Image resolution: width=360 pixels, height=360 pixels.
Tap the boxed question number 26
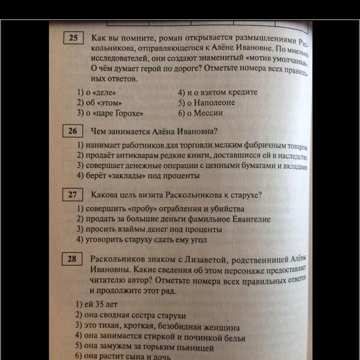click(73, 131)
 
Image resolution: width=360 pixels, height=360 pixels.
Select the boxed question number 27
click(73, 195)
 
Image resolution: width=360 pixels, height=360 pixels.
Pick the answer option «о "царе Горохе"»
click(111, 114)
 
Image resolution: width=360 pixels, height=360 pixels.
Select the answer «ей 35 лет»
click(96, 304)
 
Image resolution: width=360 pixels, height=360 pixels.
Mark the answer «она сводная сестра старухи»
click(130, 316)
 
